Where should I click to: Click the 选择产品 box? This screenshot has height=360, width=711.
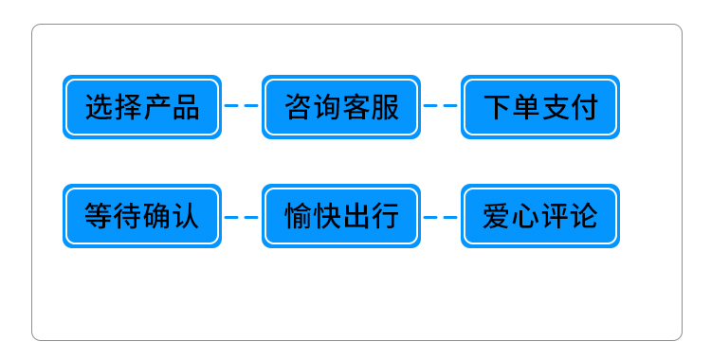pos(142,107)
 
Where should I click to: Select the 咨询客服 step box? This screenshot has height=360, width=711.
pos(341,107)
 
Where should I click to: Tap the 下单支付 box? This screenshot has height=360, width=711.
pos(540,107)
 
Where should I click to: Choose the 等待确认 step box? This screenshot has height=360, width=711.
pos(142,216)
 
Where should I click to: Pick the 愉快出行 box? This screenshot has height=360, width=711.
pos(341,216)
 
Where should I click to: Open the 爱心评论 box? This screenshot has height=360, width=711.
pos(540,216)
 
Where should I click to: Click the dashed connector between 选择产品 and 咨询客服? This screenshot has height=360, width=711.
pos(242,106)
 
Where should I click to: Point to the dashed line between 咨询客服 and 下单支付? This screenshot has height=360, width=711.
pos(441,106)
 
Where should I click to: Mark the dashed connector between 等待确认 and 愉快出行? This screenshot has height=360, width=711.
pos(242,217)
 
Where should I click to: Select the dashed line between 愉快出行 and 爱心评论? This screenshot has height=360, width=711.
pos(441,217)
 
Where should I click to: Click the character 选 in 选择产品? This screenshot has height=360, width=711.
pos(100,107)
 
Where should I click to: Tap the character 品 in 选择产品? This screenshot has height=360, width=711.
pos(186,107)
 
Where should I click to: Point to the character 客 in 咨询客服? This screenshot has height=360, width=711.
pos(355,107)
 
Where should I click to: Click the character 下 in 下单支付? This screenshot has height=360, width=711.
pos(498,107)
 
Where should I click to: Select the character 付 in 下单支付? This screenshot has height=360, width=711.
pos(584,107)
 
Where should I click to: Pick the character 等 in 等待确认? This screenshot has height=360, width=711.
pos(100,216)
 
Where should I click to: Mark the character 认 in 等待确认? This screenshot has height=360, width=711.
pos(186,216)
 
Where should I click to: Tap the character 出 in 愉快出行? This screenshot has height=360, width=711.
pos(355,216)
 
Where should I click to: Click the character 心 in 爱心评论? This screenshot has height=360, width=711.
pos(526,216)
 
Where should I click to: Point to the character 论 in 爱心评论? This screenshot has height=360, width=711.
pos(584,216)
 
